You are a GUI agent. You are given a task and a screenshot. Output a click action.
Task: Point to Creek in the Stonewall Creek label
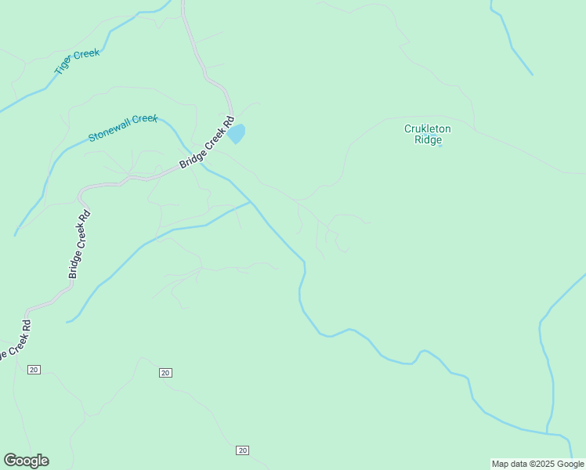144,119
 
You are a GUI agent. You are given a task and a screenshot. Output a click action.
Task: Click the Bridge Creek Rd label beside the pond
207,143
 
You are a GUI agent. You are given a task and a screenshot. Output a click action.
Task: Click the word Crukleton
429,128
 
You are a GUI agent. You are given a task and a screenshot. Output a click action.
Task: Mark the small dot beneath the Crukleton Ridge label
439,146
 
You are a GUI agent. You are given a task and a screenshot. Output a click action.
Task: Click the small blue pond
237,134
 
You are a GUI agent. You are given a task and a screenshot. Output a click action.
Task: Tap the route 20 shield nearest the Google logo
34,369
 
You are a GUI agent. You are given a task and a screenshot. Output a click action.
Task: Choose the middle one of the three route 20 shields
165,372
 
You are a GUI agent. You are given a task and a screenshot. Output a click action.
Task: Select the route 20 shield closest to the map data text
242,450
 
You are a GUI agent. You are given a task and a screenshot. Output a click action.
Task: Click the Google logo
26,461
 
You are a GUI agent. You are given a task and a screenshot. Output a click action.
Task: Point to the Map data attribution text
537,464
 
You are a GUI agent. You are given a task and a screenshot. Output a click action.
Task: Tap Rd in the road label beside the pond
228,123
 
